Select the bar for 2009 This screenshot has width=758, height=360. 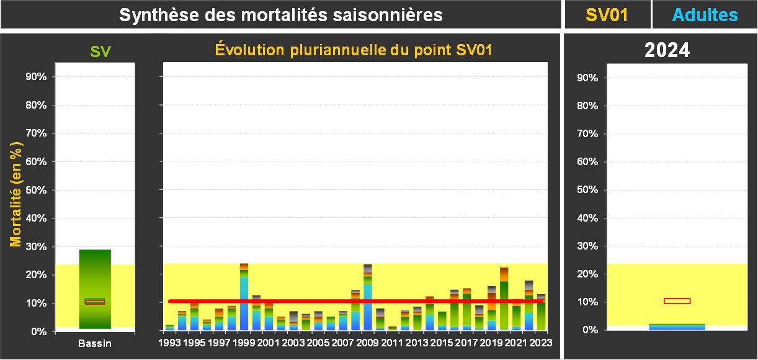(368, 297)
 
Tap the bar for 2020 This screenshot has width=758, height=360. (504, 299)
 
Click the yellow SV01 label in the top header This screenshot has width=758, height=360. (607, 15)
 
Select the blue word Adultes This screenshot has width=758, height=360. (704, 15)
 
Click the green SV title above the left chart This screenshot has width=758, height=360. (100, 52)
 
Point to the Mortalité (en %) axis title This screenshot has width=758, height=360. (16, 194)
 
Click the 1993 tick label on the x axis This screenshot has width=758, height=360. (169, 342)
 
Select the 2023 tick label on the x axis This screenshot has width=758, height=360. (540, 342)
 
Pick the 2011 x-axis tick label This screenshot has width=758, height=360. (391, 342)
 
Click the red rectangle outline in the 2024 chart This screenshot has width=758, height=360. (677, 301)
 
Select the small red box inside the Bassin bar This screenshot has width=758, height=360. (95, 302)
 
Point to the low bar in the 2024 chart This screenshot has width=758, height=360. (677, 326)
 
